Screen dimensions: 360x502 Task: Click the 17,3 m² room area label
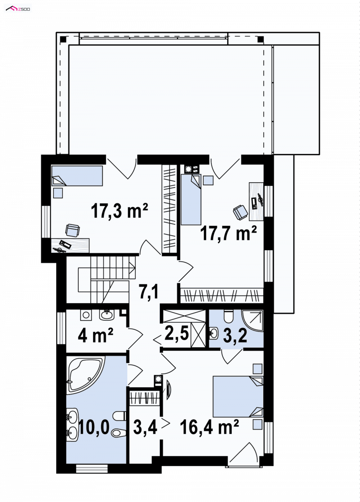[x=119, y=211]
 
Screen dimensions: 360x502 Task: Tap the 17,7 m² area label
[x=228, y=233]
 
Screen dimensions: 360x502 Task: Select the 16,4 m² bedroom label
[x=209, y=427]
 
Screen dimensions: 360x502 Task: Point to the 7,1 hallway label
[x=148, y=291]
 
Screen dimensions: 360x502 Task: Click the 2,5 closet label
[x=176, y=333]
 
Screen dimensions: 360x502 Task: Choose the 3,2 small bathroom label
[x=235, y=336]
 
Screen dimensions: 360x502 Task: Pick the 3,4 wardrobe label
[x=145, y=427]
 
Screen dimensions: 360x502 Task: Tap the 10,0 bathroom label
[x=94, y=427]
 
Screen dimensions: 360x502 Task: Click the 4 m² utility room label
[x=95, y=336]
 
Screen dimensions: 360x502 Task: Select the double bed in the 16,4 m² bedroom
[x=238, y=397]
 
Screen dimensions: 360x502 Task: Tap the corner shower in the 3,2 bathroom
[x=252, y=320]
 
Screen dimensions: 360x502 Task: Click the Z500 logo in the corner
[x=18, y=9]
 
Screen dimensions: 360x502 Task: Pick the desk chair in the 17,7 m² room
[x=241, y=213]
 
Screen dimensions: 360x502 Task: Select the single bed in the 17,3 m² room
[x=77, y=175]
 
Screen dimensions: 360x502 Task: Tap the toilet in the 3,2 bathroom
[x=229, y=316]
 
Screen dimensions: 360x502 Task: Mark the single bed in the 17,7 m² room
[x=191, y=199]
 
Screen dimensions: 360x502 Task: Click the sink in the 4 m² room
[x=107, y=315]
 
